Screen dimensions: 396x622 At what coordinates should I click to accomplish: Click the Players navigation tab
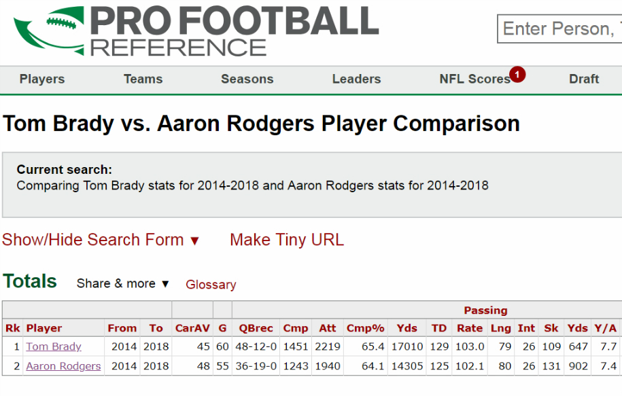42,79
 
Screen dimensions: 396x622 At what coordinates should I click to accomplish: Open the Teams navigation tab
143,79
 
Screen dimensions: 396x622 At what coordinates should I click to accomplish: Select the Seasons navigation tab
247,79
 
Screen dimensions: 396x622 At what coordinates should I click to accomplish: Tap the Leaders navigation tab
356,79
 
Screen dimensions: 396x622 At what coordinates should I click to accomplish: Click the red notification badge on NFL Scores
517,74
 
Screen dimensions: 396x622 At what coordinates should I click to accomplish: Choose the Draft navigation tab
583,79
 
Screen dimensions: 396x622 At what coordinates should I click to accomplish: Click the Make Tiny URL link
287,240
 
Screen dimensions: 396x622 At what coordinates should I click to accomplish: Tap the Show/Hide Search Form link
101,240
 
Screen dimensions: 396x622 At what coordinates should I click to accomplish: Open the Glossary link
211,285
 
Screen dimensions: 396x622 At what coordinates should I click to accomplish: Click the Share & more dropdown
123,284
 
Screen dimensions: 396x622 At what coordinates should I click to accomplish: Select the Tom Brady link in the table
54,346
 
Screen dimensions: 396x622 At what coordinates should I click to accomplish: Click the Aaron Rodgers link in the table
63,366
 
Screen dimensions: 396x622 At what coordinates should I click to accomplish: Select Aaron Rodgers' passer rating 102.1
470,366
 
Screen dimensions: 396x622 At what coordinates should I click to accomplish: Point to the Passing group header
485,310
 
